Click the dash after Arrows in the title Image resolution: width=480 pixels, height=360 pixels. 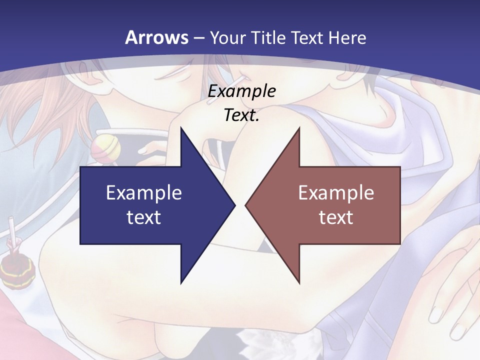tap(198, 38)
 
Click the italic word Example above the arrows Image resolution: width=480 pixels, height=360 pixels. tap(242, 91)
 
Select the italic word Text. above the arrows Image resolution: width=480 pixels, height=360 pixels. tap(242, 115)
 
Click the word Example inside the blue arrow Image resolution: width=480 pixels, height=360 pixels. tap(144, 192)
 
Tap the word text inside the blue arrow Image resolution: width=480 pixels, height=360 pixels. tap(144, 217)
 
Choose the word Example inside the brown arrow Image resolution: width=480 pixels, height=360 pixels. tap(336, 192)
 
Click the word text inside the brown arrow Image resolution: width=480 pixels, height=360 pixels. tap(336, 217)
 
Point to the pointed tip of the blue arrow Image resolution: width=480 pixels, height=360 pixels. tap(234, 205)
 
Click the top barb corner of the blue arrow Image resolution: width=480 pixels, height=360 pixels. tap(181, 128)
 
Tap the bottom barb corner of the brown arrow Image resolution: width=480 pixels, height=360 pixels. tap(299, 283)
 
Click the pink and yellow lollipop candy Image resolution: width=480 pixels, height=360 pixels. tap(104, 148)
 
